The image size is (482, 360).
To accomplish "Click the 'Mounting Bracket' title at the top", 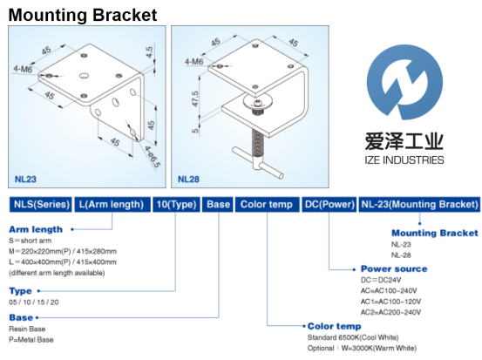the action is pos(83,15).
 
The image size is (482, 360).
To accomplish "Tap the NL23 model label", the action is pos(25,180).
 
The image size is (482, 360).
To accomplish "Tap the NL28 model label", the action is pos(188,180).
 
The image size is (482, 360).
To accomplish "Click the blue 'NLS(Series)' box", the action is pos(41,205).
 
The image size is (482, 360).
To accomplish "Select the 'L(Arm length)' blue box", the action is pos(112,205).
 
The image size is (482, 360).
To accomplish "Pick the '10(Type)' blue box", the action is pos(176,205).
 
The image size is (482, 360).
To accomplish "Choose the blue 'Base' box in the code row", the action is pos(218,205).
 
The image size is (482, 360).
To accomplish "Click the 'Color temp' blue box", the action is pos(267,205).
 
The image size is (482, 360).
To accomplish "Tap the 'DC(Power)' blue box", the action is pos(329,205).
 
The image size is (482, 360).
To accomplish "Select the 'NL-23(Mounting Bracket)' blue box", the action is pos(419,205).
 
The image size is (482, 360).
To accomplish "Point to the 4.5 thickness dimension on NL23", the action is pos(149,52).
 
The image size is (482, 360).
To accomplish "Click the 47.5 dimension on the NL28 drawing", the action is pos(195,99).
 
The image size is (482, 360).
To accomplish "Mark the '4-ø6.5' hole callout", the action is pos(153,157).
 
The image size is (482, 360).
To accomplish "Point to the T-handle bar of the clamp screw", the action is pos(258,163).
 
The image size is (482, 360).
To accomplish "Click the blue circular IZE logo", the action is pos(404,83).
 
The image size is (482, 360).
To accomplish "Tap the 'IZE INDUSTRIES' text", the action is pos(404,160).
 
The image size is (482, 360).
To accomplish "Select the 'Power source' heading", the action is pos(394,268).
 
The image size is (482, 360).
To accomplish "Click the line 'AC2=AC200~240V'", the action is pos(390,312).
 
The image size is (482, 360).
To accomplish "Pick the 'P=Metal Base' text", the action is pos(31,340).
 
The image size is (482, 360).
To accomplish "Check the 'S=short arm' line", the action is pos(31,241).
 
